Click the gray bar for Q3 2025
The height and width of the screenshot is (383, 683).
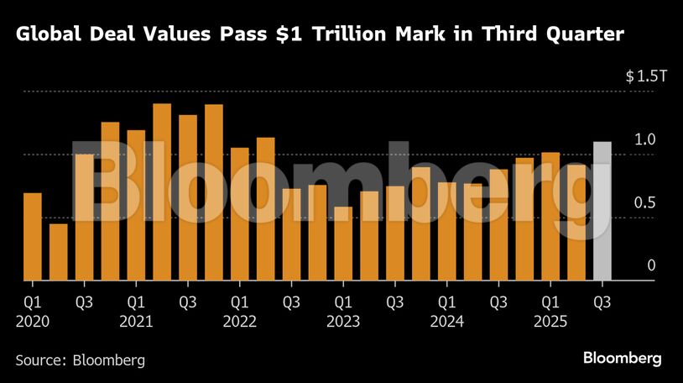[602, 211]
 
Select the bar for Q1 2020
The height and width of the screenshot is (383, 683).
[33, 237]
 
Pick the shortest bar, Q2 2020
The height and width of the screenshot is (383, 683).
[59, 252]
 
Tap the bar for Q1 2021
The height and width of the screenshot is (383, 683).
[136, 205]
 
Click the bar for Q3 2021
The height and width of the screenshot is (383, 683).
[188, 197]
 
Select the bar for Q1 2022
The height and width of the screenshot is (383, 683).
[240, 214]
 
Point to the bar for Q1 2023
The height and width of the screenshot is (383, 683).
[343, 244]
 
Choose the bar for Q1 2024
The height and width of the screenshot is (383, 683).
[446, 231]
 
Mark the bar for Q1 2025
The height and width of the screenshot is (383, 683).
[550, 216]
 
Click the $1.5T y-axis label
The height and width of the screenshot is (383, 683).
[645, 76]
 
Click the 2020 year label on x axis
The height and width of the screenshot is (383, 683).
[33, 321]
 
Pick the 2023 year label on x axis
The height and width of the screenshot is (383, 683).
[343, 321]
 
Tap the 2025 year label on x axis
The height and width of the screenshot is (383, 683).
[550, 321]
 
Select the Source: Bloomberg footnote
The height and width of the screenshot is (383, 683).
[81, 359]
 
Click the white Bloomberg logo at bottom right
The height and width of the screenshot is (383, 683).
[622, 359]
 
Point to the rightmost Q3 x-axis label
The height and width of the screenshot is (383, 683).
[602, 301]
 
